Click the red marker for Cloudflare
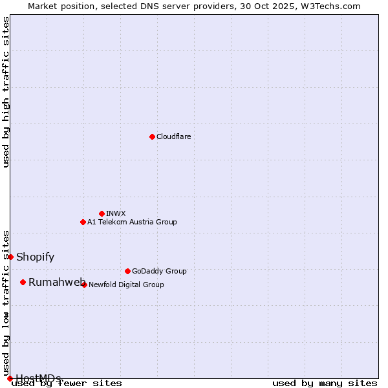coord(152,136)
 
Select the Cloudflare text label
coord(174,136)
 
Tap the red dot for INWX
coord(102,213)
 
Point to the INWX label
coord(116,213)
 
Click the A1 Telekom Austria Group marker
coord(83,222)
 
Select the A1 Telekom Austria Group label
coord(132,222)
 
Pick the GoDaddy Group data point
coord(127,271)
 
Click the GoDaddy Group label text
coord(159,271)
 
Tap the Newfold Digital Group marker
coord(84,285)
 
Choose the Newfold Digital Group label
coord(126,285)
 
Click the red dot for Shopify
coord(10,257)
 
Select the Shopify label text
coord(35,257)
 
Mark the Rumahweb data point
coord(23,282)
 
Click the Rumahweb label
coord(57,282)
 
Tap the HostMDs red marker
coord(10,378)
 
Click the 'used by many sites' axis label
coord(325,383)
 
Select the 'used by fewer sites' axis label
coord(67,383)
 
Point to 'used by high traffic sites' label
coord(6,92)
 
